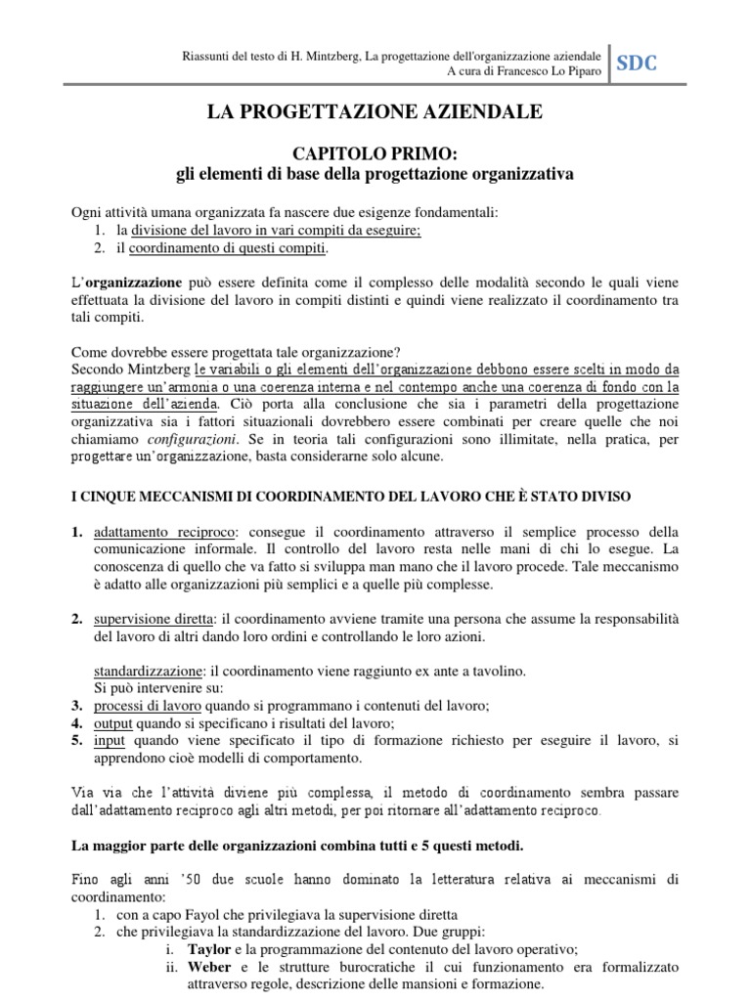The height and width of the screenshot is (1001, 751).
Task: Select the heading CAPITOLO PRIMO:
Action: point(375,153)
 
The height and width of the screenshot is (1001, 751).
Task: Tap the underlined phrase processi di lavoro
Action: point(148,705)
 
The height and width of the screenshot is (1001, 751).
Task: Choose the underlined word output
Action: point(113,723)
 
